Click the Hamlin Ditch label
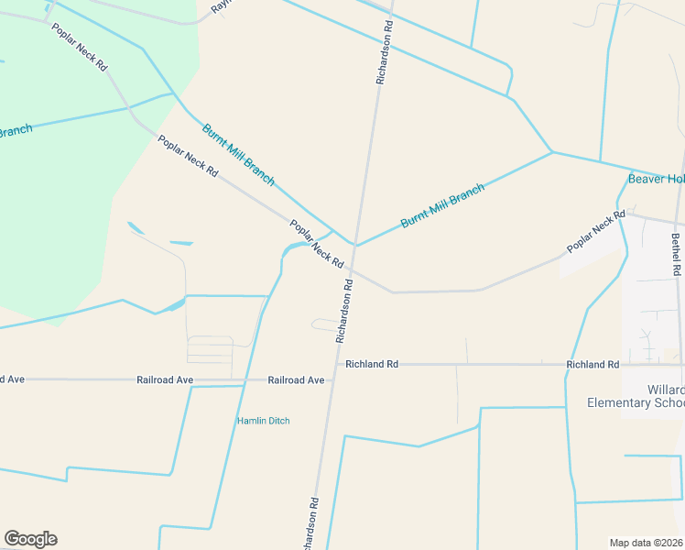click(264, 421)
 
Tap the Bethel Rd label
click(676, 255)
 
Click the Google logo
click(30, 539)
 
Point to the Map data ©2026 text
click(647, 543)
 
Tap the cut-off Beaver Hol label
click(656, 179)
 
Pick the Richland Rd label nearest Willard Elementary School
click(586, 365)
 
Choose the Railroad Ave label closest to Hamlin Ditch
click(296, 379)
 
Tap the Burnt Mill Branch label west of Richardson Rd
click(238, 154)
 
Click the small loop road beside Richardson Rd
click(325, 324)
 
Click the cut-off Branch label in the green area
click(15, 131)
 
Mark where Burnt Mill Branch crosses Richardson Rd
click(355, 246)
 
